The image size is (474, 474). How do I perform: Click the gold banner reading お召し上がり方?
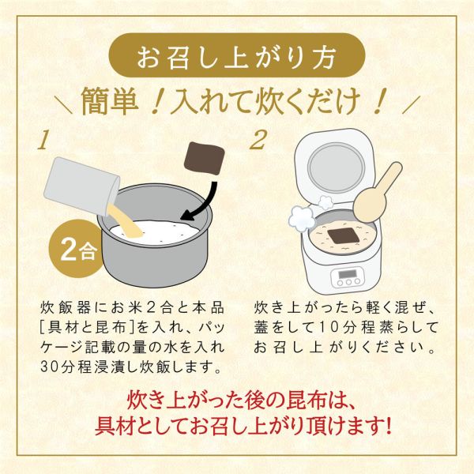(x=237, y=58)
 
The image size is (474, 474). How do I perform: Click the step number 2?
(x=258, y=141)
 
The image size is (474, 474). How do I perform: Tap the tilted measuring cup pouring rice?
(x=79, y=186)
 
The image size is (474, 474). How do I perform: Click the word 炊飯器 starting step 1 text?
(x=63, y=306)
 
